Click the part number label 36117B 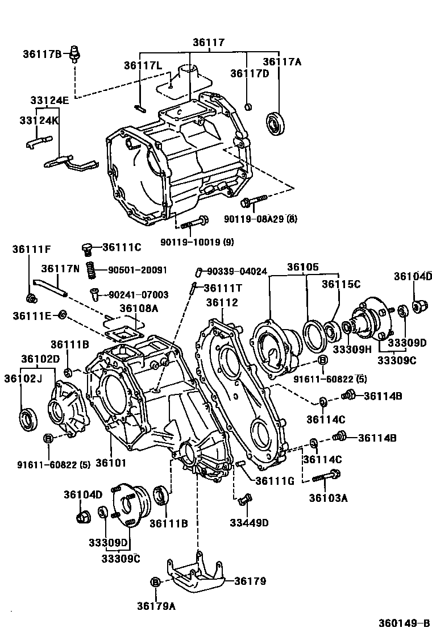[x=42, y=54]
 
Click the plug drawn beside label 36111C [x=87, y=248]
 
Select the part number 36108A [x=138, y=308]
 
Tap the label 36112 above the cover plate [x=222, y=302]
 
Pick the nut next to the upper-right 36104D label [x=421, y=307]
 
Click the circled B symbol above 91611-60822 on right [x=322, y=360]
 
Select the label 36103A [x=329, y=498]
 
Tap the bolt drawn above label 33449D [x=243, y=500]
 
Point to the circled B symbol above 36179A [x=155, y=582]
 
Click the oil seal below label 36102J [x=28, y=419]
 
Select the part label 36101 [x=110, y=463]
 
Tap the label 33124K [x=39, y=121]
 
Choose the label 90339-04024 [x=236, y=272]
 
